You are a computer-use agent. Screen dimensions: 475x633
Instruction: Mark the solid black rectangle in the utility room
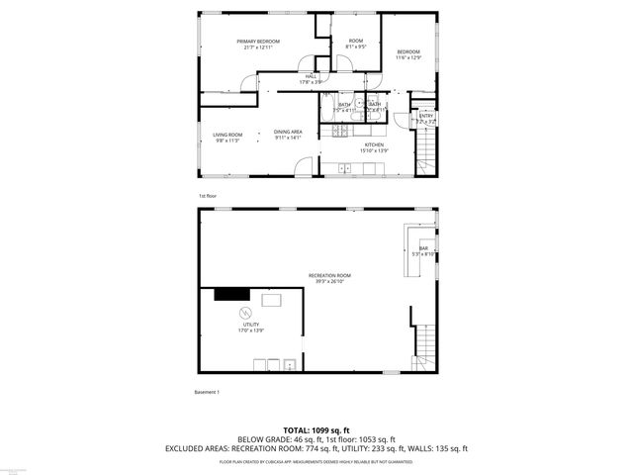[x=230, y=293]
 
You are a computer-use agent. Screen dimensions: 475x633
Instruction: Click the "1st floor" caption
[x=207, y=196]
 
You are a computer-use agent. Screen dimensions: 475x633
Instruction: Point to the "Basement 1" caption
[x=207, y=392]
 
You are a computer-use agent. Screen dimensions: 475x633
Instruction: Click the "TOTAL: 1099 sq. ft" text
[x=316, y=430]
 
